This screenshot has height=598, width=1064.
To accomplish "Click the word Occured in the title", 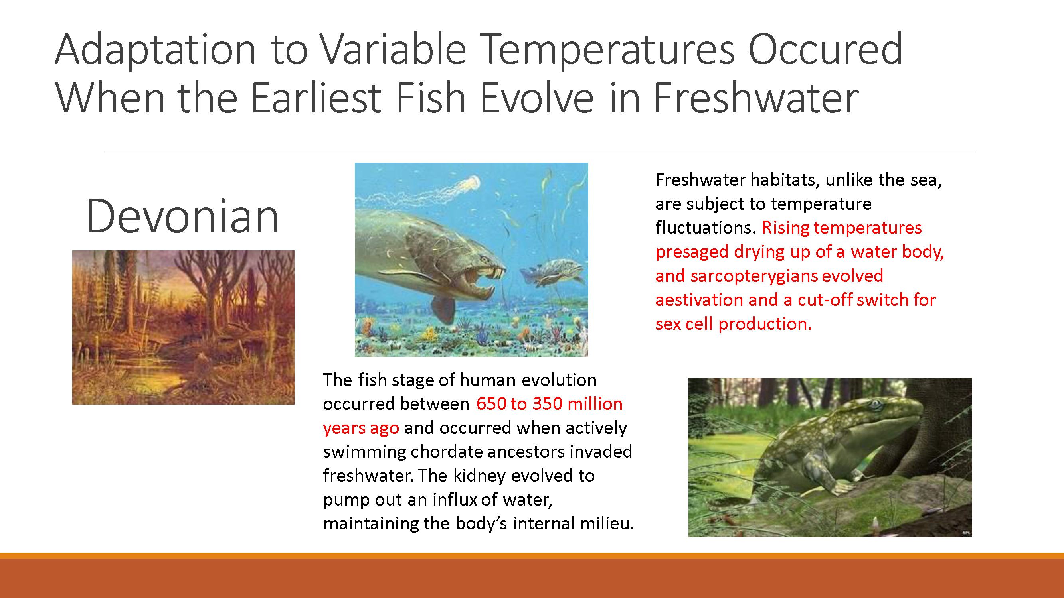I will (825, 50).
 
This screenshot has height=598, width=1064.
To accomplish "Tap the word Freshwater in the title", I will (756, 98).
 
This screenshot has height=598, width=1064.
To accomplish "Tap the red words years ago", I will (361, 428).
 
